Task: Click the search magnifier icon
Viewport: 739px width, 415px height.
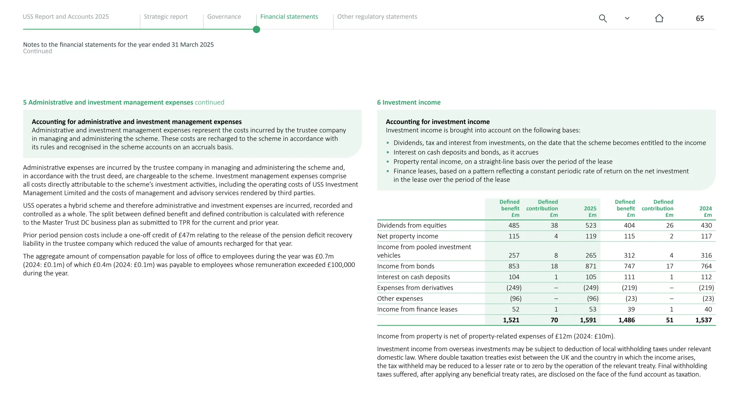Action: point(603,18)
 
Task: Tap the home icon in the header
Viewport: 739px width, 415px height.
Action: point(659,18)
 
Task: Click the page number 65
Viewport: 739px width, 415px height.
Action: point(700,18)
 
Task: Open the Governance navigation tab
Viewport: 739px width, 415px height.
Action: point(224,17)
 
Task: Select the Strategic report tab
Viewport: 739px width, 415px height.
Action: point(166,17)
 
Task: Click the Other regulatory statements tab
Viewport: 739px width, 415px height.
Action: point(377,17)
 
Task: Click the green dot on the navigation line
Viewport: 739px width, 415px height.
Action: point(257,30)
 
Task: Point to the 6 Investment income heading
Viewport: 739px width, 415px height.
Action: point(408,102)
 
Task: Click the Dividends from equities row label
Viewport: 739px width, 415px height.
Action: point(411,226)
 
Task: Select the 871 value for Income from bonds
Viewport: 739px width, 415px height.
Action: point(590,266)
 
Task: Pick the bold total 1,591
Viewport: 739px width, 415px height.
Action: point(588,320)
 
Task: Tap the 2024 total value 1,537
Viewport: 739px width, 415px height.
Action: point(703,320)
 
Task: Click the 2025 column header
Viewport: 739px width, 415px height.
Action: point(590,209)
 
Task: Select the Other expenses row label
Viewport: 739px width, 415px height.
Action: point(400,299)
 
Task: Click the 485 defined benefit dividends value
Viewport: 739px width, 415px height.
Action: point(513,226)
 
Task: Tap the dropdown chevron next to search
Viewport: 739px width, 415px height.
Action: point(627,18)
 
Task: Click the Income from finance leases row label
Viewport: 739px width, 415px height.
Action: point(417,309)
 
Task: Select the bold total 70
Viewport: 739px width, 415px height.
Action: point(554,320)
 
